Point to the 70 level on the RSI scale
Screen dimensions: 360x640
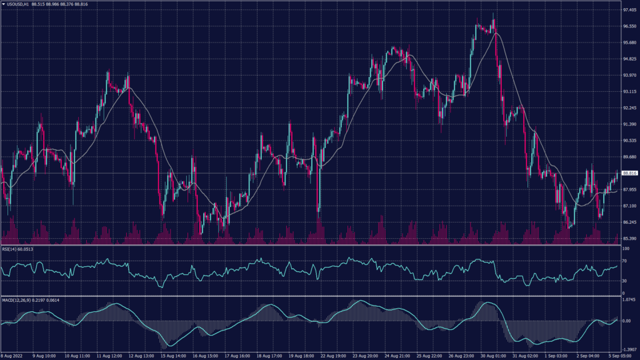click(624, 261)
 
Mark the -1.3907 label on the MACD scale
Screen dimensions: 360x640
click(629, 349)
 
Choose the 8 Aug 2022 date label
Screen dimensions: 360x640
click(13, 356)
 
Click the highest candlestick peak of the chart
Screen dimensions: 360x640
click(493, 14)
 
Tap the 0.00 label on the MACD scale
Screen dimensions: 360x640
click(627, 321)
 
